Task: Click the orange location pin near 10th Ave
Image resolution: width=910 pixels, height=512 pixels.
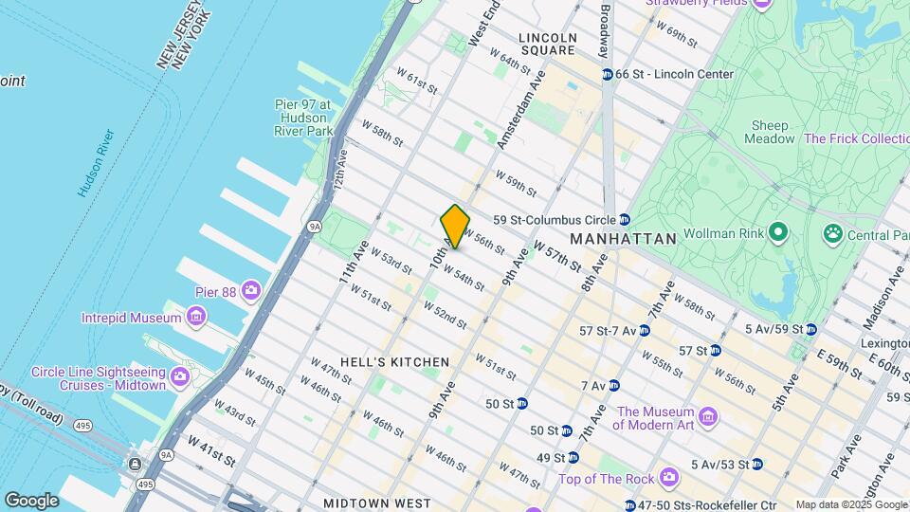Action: click(x=455, y=226)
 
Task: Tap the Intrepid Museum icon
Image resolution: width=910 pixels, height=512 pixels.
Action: click(x=196, y=316)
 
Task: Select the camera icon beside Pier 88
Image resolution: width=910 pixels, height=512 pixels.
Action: click(x=251, y=289)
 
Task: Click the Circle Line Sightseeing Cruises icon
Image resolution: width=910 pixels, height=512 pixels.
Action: click(x=180, y=378)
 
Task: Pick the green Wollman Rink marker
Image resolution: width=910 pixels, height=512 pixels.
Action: click(x=778, y=231)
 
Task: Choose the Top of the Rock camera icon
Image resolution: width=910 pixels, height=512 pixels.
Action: click(x=670, y=476)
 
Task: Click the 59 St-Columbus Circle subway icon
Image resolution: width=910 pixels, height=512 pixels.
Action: click(x=625, y=220)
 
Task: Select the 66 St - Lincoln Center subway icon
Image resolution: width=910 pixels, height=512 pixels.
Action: click(x=607, y=74)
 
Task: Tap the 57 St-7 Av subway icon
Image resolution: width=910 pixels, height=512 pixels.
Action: click(x=644, y=331)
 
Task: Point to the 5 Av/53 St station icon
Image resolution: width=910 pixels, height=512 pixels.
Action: click(x=756, y=465)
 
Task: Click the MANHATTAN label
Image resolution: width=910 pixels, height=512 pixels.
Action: click(x=624, y=239)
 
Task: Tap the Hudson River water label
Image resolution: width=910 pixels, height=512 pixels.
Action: click(x=96, y=163)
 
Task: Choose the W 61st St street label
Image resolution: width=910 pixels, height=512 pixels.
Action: click(x=416, y=81)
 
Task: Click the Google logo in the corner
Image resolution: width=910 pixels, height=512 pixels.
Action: click(x=31, y=500)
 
